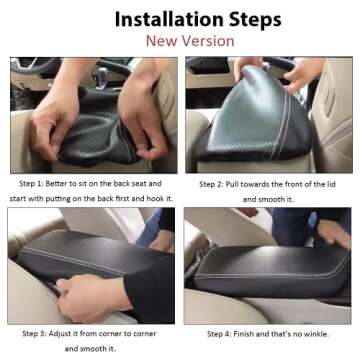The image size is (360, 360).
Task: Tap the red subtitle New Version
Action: click(189, 41)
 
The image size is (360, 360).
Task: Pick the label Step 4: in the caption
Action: click(222, 333)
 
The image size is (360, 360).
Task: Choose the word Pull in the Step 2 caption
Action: click(240, 184)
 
